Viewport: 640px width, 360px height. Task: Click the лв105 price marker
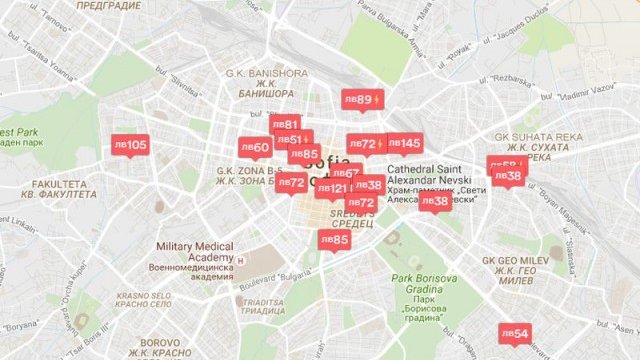[x=130, y=145]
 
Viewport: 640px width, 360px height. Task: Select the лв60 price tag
[x=255, y=148]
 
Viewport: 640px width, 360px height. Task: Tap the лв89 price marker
[x=359, y=100]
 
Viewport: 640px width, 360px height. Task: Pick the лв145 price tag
[x=404, y=143]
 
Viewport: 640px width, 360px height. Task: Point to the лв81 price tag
[x=285, y=125]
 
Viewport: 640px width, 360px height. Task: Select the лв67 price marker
[x=346, y=173]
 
